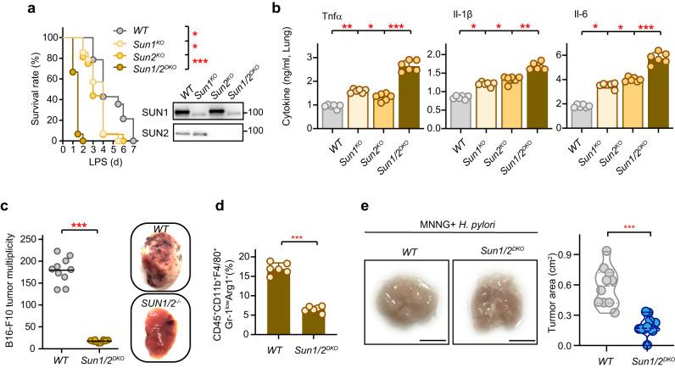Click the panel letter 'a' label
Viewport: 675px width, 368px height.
coord(7,8)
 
